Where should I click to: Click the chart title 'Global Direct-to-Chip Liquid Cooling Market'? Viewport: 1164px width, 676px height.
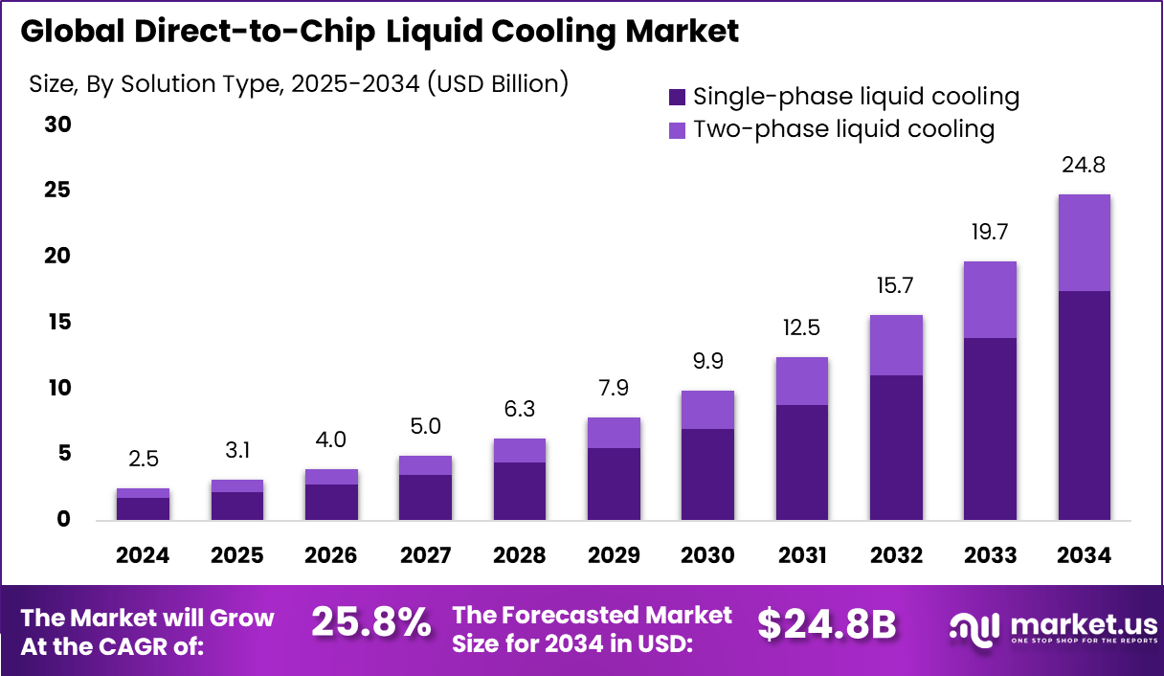tap(379, 32)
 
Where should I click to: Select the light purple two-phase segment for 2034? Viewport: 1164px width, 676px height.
tap(1084, 242)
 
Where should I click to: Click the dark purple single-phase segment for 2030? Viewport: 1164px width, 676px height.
tap(707, 474)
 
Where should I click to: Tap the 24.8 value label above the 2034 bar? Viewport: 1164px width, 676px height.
tap(1084, 166)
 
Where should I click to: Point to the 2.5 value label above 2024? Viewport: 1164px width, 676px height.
tap(144, 460)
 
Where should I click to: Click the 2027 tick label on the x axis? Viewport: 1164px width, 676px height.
tap(425, 556)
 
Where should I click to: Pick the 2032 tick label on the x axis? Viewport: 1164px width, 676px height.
tap(896, 556)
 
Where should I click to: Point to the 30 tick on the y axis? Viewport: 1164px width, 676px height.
tap(58, 125)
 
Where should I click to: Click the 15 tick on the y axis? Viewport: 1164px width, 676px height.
tap(58, 323)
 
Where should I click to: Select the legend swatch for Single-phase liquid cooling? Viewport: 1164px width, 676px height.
tap(678, 97)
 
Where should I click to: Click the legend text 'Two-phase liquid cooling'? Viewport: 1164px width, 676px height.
tap(843, 128)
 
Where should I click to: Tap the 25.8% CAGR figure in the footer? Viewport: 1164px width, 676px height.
tap(371, 623)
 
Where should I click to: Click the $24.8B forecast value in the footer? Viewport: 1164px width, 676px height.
tap(826, 624)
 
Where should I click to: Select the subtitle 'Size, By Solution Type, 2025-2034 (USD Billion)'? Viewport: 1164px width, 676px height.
tap(299, 84)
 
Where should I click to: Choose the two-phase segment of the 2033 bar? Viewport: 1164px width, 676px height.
tap(990, 299)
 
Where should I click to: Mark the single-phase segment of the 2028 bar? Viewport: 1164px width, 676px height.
tap(519, 491)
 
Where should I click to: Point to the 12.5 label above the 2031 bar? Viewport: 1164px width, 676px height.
tap(801, 329)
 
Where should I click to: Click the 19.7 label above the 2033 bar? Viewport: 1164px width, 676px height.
tap(990, 233)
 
